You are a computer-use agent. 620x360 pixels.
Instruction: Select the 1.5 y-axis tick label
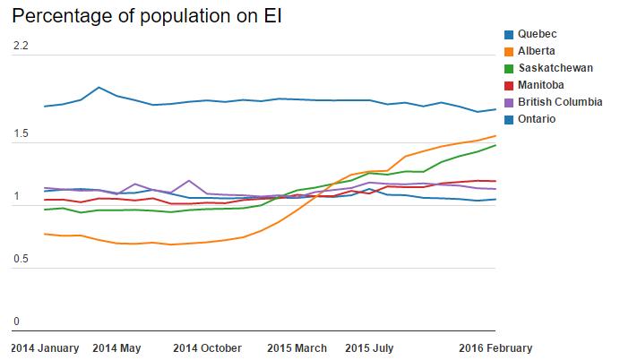click(20, 135)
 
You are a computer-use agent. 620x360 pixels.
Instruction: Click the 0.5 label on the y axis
click(20, 260)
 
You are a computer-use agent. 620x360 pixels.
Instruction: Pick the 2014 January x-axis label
click(45, 347)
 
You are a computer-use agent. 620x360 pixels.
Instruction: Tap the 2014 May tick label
click(117, 347)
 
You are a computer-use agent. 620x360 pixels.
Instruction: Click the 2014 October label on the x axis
click(207, 347)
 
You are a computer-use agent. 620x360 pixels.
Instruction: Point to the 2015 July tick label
click(371, 347)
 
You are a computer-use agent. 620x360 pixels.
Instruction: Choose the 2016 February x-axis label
click(495, 347)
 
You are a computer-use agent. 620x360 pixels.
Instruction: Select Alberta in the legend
click(537, 51)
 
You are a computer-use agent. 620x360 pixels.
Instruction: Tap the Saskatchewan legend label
click(553, 68)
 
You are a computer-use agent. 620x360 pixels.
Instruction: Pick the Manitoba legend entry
click(542, 85)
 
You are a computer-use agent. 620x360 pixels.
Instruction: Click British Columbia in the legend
click(560, 102)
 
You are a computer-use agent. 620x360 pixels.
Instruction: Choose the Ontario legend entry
click(538, 119)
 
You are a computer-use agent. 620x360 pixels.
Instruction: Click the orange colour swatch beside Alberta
click(509, 51)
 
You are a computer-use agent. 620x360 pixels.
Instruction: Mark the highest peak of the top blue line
click(99, 88)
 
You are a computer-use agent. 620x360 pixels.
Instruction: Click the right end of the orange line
click(495, 136)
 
